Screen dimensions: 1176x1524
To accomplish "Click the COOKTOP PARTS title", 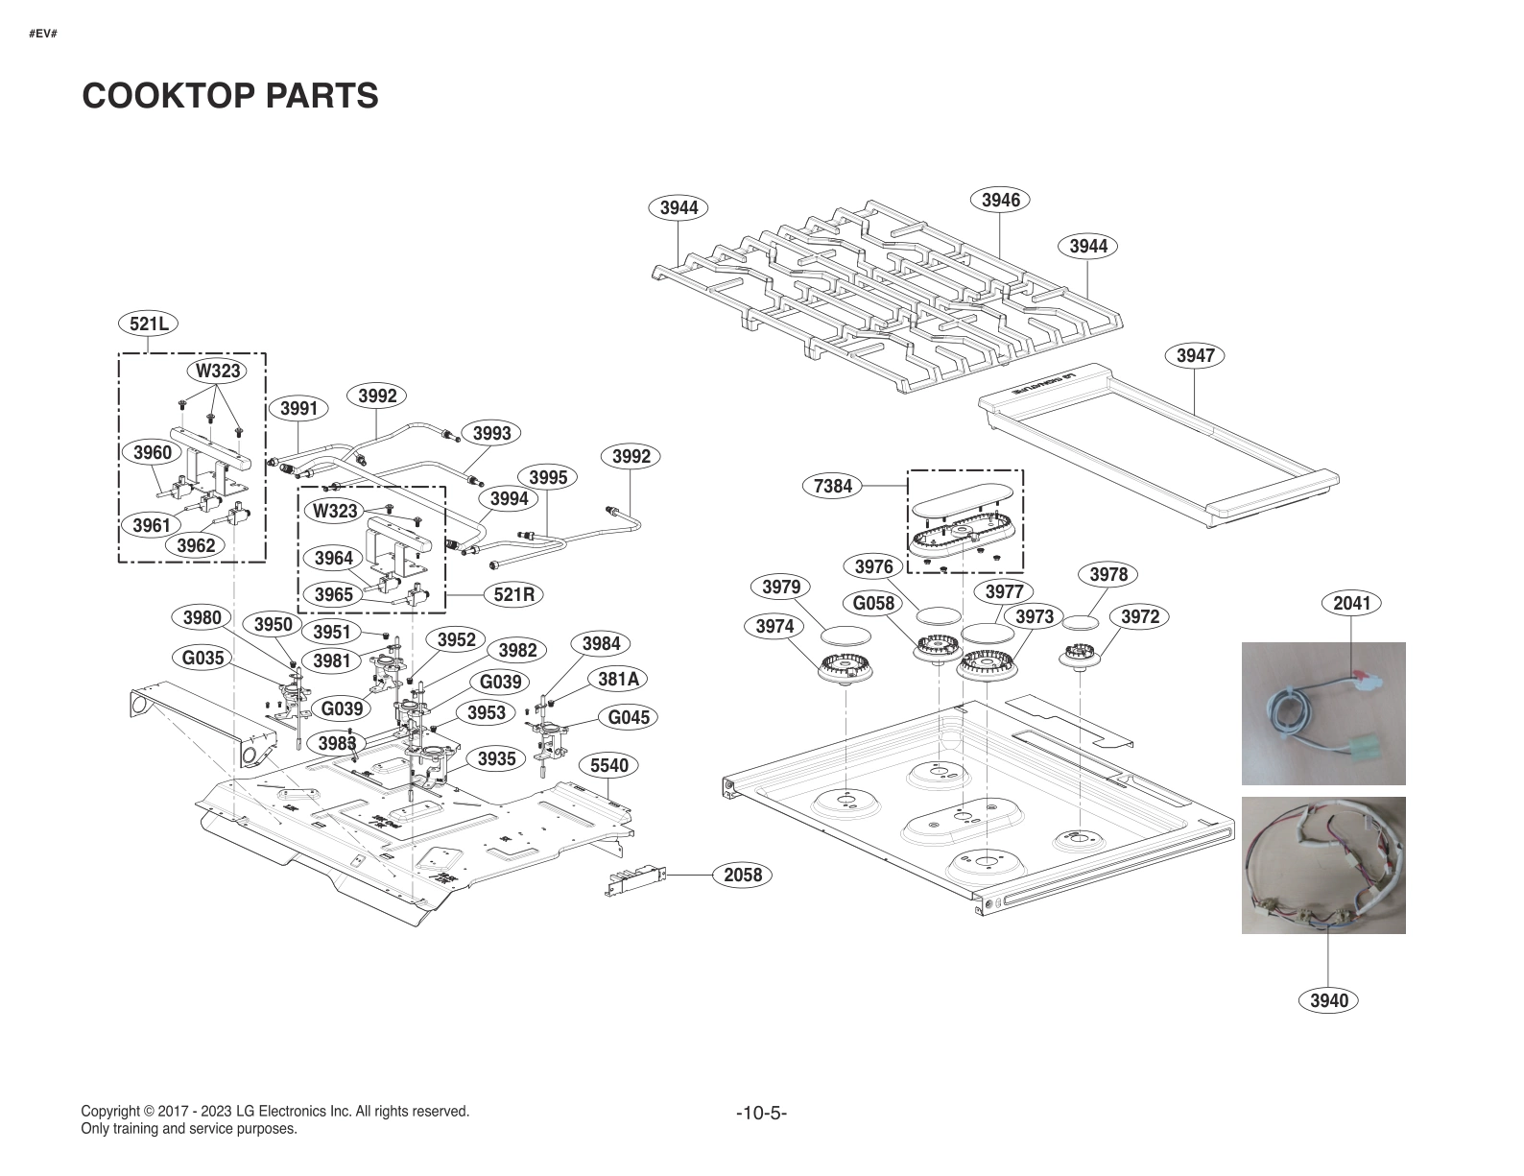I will point(230,96).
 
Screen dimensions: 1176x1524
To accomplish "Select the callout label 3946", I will point(1000,200).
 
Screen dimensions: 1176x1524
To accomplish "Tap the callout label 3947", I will point(1195,355).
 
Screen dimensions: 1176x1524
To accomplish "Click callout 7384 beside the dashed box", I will point(832,486).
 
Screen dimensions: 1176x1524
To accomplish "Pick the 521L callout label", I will point(149,324).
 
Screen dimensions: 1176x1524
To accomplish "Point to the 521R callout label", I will point(513,594).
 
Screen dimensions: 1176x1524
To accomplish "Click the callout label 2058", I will point(742,875).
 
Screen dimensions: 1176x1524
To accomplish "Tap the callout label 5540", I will point(608,765).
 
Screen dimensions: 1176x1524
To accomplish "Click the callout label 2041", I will point(1351,603).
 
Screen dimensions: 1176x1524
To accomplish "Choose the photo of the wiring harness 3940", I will point(1323,865).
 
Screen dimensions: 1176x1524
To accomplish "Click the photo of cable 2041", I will point(1323,713).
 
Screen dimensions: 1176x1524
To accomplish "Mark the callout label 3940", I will point(1329,1000).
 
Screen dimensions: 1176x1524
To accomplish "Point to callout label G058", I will point(873,603).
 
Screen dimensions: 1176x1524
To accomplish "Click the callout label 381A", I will point(618,679).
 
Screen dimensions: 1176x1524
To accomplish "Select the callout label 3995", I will point(548,477).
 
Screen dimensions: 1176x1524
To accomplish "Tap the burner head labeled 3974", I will point(845,666).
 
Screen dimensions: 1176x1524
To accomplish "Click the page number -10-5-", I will point(761,1114).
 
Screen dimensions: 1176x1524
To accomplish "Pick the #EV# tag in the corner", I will point(43,34).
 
